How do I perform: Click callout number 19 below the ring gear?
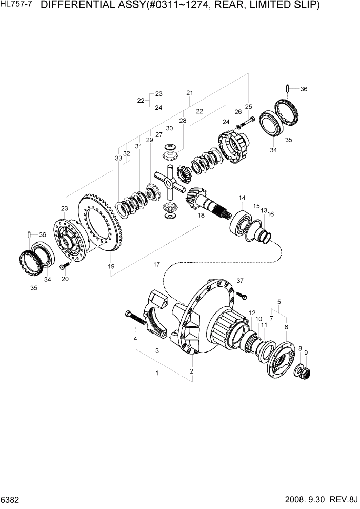coord(111,266)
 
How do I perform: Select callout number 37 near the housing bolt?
coord(240,280)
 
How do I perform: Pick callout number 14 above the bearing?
coord(242,198)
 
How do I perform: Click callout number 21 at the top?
coord(189,93)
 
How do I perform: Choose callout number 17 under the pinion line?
coord(156,265)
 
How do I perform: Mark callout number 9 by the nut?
coord(306,353)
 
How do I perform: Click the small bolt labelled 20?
coord(64,267)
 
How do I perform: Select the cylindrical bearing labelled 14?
coord(243,221)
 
